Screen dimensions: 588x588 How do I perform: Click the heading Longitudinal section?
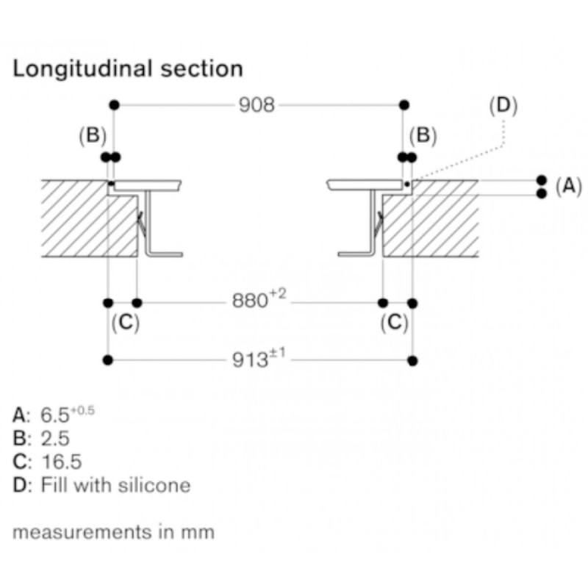click(x=128, y=69)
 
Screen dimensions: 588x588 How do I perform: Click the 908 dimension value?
click(x=257, y=105)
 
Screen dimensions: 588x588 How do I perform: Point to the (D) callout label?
click(x=503, y=105)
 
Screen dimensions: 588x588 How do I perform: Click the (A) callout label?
click(x=568, y=186)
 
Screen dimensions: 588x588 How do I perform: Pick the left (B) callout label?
click(x=93, y=135)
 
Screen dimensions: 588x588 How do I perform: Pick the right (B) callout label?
click(x=423, y=135)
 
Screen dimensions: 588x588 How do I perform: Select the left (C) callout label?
click(x=125, y=323)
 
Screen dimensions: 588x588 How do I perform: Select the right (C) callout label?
click(x=395, y=323)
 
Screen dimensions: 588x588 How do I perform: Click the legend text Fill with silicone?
click(x=115, y=485)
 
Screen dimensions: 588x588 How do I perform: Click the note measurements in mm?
click(x=113, y=531)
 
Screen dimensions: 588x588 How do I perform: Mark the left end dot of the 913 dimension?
click(x=108, y=359)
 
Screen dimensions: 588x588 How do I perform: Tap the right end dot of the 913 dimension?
click(x=412, y=359)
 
